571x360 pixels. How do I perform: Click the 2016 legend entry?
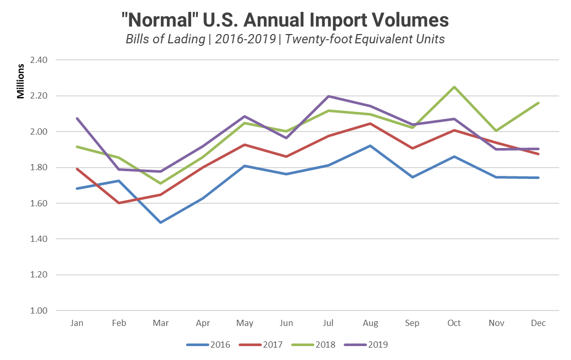(208, 345)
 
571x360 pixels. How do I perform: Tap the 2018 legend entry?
(313, 345)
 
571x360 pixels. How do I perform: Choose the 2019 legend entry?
(366, 345)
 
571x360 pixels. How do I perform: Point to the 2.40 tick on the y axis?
(39, 60)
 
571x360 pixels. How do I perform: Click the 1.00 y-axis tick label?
(39, 311)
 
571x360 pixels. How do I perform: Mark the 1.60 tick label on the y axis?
(39, 203)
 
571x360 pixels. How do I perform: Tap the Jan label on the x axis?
(76, 323)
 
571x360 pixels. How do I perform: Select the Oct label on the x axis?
(454, 323)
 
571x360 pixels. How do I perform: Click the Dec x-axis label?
(538, 323)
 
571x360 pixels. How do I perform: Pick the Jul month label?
(328, 323)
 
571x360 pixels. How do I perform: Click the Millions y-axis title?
(21, 81)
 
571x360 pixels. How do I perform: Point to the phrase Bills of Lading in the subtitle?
(165, 39)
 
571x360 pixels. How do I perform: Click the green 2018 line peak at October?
(454, 87)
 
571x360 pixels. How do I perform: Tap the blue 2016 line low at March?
(160, 222)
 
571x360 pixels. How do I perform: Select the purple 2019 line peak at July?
(328, 96)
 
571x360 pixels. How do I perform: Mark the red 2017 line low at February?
(119, 203)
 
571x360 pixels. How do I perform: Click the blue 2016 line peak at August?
(370, 146)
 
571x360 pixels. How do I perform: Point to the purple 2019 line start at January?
(76, 119)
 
